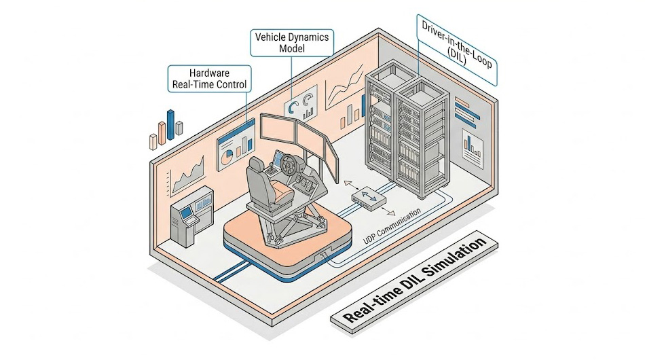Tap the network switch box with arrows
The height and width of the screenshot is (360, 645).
[x=369, y=198]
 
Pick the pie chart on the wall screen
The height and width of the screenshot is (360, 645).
[x=226, y=158]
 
